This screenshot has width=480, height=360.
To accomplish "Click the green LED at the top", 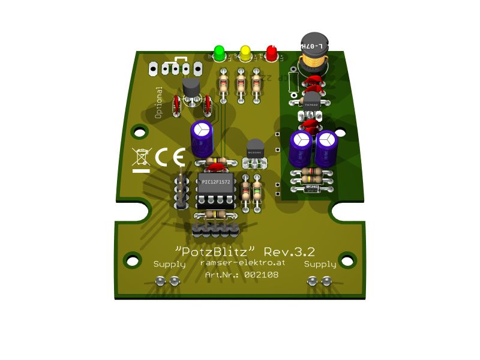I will point(219,52).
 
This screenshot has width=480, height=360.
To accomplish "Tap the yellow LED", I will point(245,53).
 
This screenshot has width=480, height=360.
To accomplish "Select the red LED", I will point(272,53).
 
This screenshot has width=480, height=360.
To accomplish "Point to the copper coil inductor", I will point(312,52).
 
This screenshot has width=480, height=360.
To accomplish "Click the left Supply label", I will point(170,264).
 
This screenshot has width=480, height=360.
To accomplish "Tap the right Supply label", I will point(320,264).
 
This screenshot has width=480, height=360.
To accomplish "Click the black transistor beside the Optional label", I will point(191,90).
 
